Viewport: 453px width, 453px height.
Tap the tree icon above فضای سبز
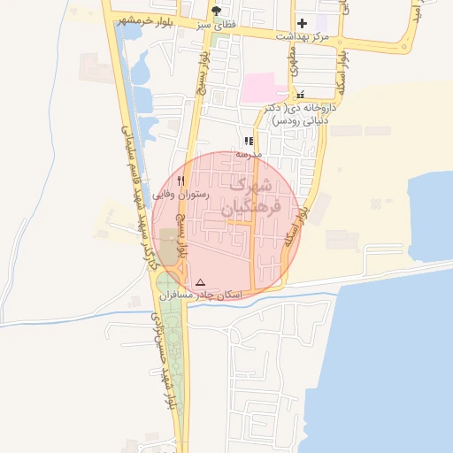(x=217, y=11)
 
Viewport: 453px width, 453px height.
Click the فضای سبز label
(x=217, y=24)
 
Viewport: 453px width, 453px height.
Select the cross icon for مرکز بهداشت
(x=302, y=23)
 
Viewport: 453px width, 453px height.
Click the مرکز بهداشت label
(x=303, y=36)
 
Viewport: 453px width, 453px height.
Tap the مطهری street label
(x=293, y=59)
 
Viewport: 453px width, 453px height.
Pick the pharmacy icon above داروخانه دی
(x=301, y=94)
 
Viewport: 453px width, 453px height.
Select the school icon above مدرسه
(x=250, y=141)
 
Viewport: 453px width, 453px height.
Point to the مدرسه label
(x=249, y=154)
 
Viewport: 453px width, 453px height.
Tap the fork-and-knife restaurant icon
(x=180, y=180)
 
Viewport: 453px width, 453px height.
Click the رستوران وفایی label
(x=180, y=193)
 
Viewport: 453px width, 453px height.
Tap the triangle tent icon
(x=200, y=281)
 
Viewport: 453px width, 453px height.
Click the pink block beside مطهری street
(x=262, y=88)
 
